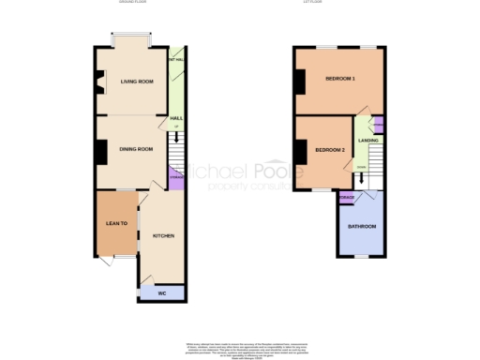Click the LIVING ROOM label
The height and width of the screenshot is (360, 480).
coord(137,82)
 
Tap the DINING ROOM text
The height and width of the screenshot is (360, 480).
coord(136,148)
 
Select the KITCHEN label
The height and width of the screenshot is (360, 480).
coord(164,235)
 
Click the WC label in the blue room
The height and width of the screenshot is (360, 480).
coord(161,292)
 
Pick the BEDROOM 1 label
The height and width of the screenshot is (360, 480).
coord(339,79)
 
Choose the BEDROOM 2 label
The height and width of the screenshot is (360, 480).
coord(330,150)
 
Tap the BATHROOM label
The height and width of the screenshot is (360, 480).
coord(362,227)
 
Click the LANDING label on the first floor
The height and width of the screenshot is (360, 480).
coord(367,141)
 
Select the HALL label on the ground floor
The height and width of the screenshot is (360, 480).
coord(174,118)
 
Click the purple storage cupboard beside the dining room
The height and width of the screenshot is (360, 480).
coord(175,175)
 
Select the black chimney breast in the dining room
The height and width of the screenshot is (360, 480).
coord(97,151)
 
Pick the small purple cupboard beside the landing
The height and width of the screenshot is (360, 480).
coord(379,126)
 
